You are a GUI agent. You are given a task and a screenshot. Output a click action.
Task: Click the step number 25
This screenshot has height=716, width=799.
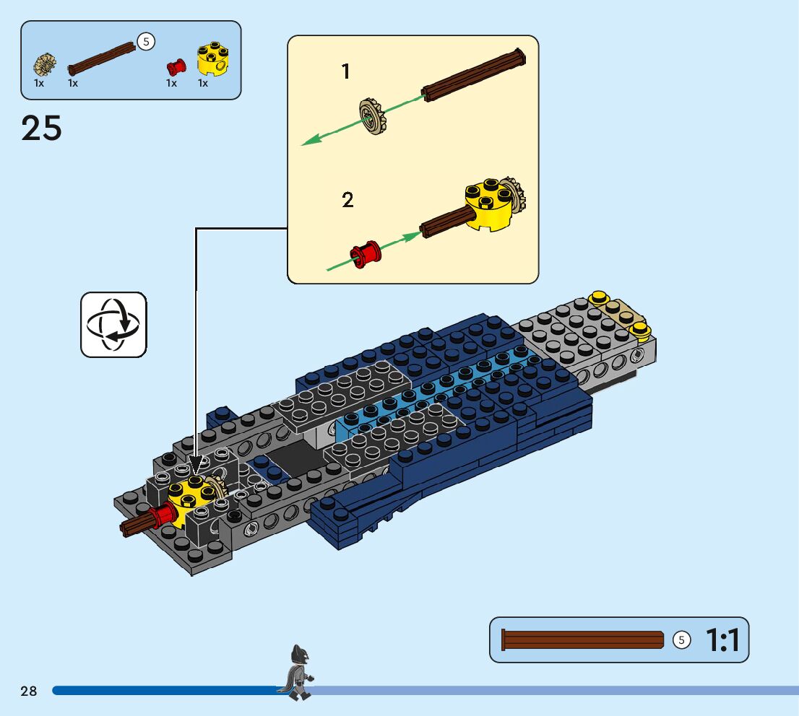[x=42, y=128]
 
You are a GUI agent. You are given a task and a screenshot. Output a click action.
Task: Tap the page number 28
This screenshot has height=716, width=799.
[x=29, y=691]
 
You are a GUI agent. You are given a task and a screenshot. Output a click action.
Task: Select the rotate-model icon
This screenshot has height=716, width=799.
[x=113, y=324]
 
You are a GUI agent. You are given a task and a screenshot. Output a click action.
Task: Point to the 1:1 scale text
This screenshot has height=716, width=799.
[x=722, y=640]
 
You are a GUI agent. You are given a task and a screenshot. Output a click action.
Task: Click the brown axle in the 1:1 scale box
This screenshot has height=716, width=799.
[x=582, y=640]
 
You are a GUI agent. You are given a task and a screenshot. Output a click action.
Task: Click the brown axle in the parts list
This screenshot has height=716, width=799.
[x=102, y=58]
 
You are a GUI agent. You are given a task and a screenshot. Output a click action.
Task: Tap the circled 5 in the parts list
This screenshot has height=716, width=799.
[x=146, y=42]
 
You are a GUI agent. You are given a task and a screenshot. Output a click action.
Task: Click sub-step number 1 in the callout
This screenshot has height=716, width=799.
[x=345, y=71]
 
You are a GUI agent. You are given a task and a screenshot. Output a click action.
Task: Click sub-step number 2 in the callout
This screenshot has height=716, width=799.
[x=347, y=200]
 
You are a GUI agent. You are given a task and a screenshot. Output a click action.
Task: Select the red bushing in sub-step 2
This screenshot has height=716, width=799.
[x=365, y=253]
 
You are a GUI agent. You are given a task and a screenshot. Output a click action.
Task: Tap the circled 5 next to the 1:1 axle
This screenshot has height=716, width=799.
[x=681, y=640]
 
